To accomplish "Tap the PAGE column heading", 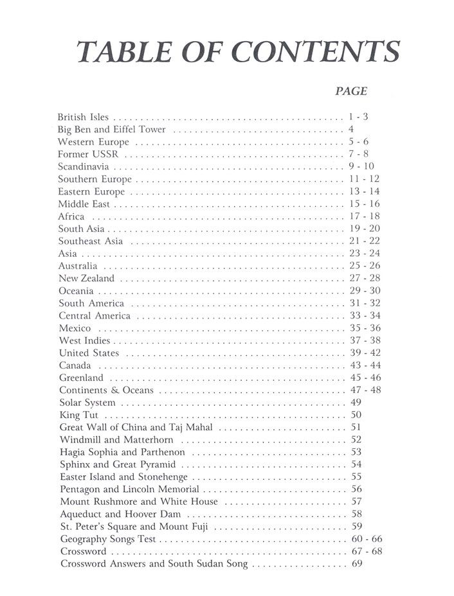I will click(351, 92).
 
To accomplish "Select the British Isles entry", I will click(83, 118).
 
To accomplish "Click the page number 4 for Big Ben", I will click(350, 130).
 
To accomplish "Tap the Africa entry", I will click(71, 216).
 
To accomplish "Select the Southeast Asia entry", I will click(91, 241).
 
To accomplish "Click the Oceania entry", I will click(77, 291).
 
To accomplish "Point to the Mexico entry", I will click(74, 328).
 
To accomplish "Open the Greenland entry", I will click(80, 378).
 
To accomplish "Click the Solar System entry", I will click(87, 403).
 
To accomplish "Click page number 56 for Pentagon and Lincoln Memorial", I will click(357, 489).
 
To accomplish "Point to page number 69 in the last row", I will click(358, 564).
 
